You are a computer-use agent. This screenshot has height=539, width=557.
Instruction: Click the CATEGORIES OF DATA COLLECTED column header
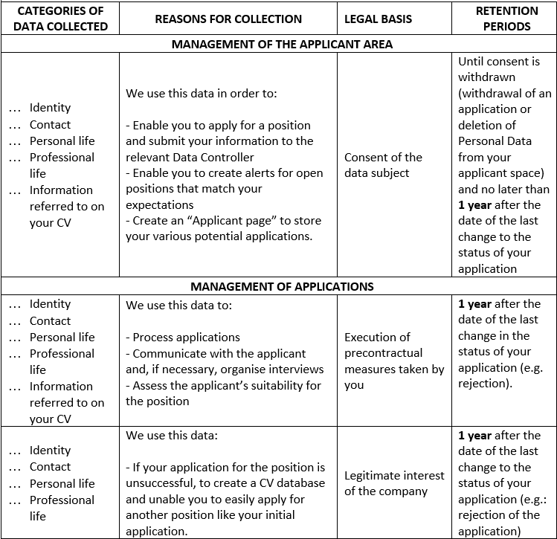60,19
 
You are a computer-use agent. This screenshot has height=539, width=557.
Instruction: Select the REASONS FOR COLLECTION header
228,19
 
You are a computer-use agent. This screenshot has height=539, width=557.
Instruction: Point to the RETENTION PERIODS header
506,19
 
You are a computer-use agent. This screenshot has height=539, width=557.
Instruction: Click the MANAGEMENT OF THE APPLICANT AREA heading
282,44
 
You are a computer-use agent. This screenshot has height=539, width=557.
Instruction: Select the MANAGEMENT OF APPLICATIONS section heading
282,286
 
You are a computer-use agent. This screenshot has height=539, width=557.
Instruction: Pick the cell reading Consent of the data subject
383,165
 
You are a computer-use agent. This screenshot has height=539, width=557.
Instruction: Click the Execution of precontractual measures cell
394,361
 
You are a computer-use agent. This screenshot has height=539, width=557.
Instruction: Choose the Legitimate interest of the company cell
394,483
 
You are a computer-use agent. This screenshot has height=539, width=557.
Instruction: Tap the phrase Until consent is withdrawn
498,68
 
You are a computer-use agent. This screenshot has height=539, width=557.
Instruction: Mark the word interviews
297,369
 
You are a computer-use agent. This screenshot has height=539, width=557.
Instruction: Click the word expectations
159,204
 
